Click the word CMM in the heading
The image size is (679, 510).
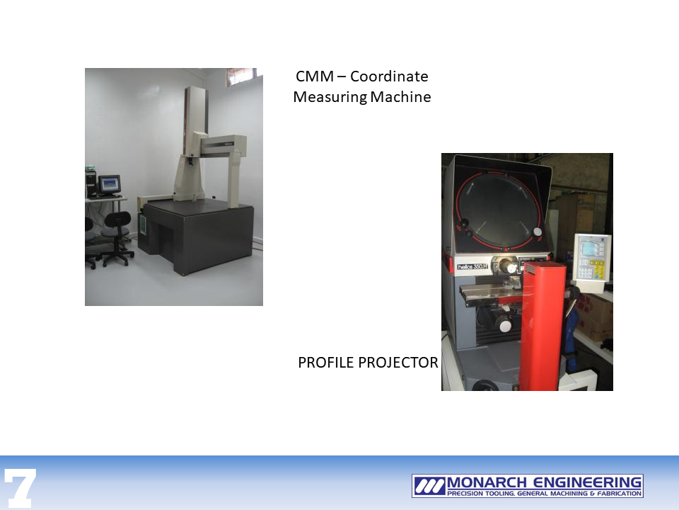tap(315, 76)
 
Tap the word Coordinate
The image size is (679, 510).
tap(389, 76)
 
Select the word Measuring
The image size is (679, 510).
tap(330, 97)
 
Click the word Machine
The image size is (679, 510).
tap(400, 97)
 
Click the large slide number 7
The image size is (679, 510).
tap(20, 488)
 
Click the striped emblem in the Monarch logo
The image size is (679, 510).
tap(429, 486)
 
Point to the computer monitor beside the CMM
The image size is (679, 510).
tap(110, 184)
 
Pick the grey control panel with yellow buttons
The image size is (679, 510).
tap(591, 258)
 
